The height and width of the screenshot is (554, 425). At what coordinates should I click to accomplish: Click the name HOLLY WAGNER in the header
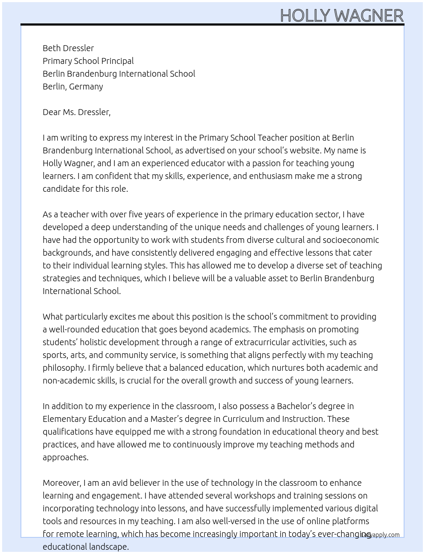coord(341,16)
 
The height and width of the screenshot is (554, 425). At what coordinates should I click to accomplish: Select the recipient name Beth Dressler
coord(68,48)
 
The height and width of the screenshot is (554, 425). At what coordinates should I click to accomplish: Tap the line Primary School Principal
coord(88,61)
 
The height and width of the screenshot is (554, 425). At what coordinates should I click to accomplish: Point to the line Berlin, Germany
coord(73,87)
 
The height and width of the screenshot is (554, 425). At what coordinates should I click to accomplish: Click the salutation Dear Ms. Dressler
coord(76,112)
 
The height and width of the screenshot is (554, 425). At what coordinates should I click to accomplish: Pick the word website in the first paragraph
coord(305,150)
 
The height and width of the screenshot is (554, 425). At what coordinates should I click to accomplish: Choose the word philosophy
coord(64,368)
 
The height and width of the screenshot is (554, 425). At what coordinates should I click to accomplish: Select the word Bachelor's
coord(299,406)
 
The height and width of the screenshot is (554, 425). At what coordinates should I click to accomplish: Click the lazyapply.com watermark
coord(380,535)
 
